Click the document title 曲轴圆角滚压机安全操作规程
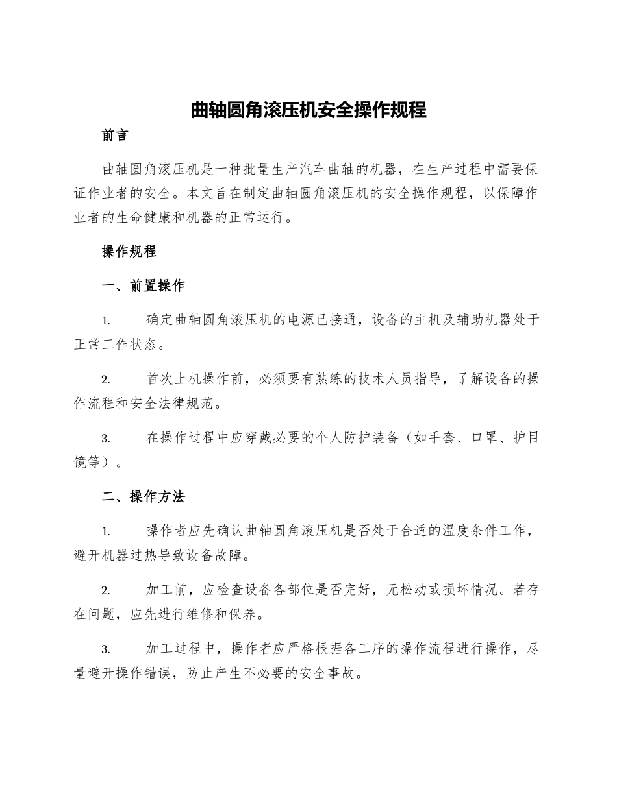[308, 110]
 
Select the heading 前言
[116, 136]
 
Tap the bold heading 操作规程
[129, 252]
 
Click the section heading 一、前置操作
[144, 286]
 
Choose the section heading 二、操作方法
[144, 497]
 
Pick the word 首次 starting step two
[160, 380]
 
